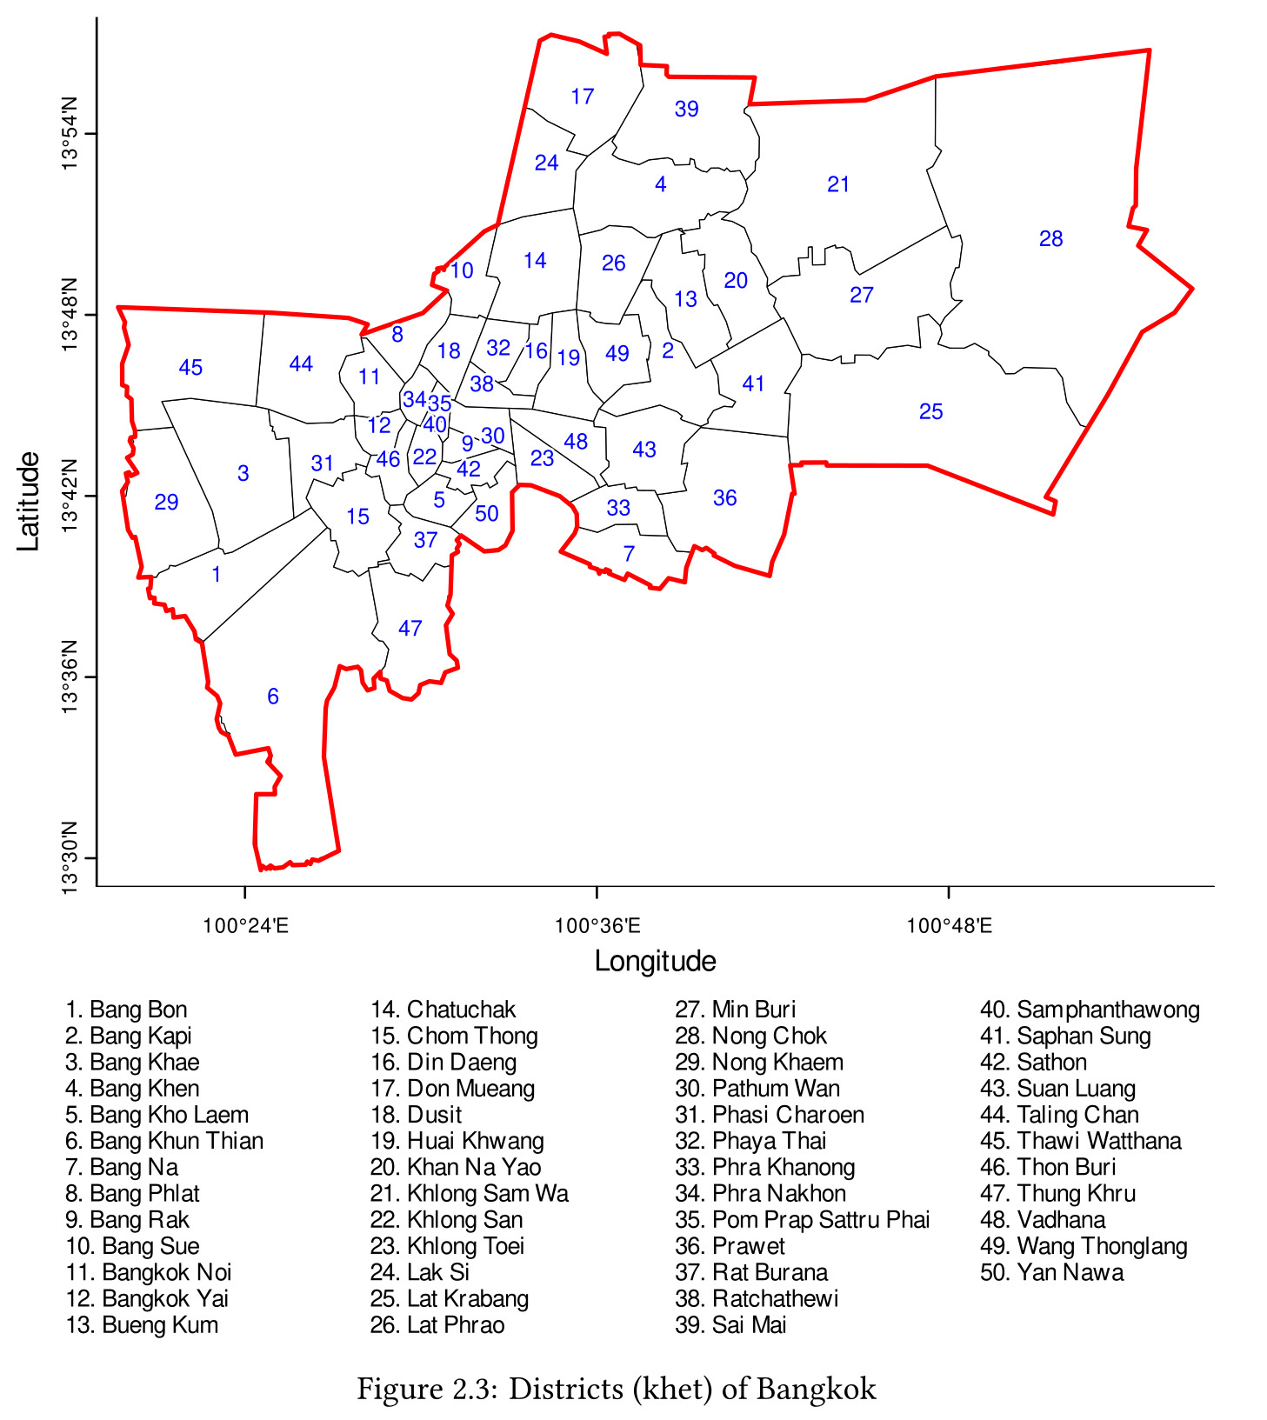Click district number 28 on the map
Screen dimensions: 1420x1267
click(1050, 239)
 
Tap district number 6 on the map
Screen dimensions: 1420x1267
click(273, 697)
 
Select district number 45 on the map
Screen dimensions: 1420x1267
click(190, 368)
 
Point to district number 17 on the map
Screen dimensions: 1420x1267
click(583, 97)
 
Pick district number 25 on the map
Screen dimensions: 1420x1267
click(930, 411)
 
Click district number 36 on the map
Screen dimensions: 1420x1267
click(724, 498)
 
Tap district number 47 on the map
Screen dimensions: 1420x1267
click(410, 629)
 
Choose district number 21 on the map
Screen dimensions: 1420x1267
click(838, 184)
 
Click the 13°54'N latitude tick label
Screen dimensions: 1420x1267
click(70, 133)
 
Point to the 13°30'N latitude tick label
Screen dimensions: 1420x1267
click(70, 857)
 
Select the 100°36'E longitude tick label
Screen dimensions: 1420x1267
click(597, 925)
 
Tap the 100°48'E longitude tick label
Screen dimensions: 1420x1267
click(949, 925)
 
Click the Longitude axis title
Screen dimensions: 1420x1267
click(655, 961)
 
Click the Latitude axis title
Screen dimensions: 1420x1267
click(29, 501)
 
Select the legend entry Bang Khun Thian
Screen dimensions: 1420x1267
click(164, 1141)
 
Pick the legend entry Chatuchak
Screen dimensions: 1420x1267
click(443, 1010)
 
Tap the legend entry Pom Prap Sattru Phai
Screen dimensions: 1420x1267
click(802, 1220)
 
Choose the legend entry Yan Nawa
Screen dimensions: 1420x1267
click(1051, 1272)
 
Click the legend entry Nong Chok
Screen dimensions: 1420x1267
click(750, 1036)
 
